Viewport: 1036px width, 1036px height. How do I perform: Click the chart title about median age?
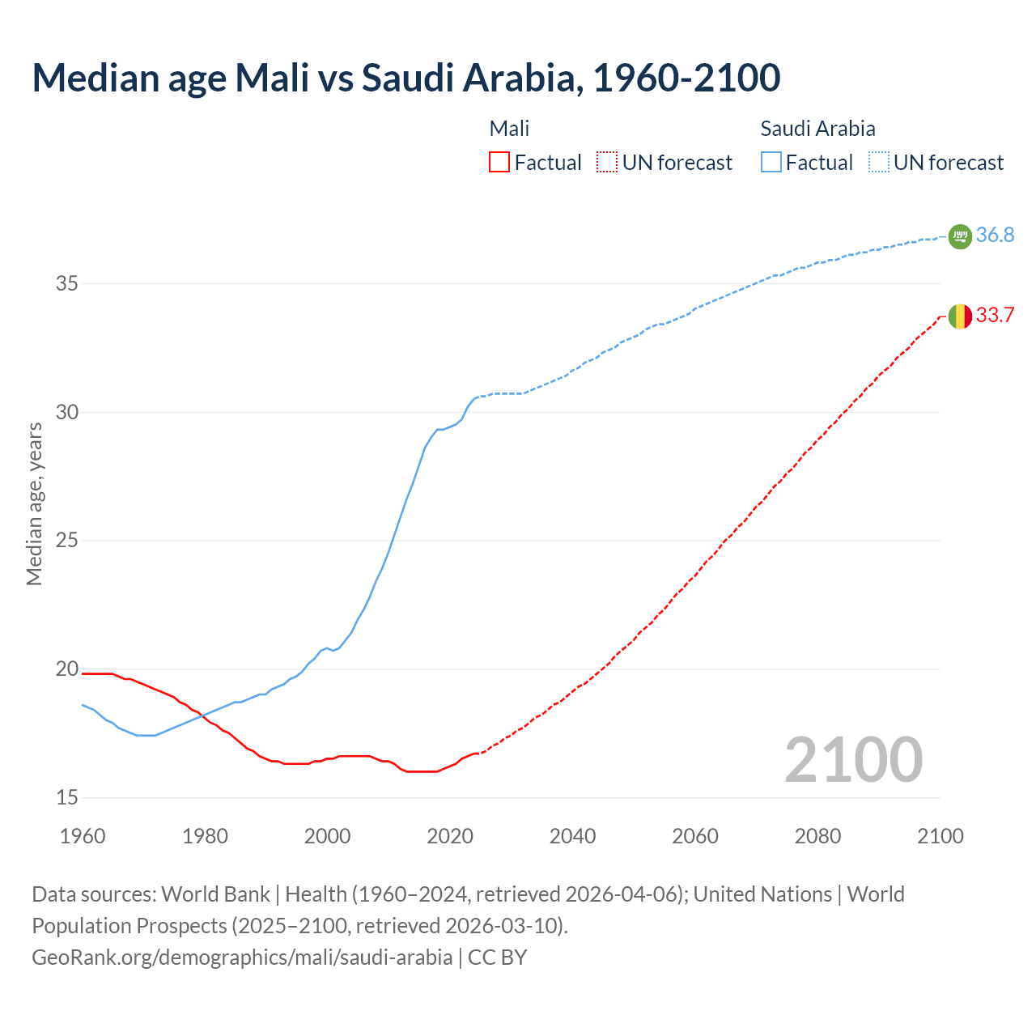[406, 78]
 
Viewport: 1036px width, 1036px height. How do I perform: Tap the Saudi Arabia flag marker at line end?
[959, 236]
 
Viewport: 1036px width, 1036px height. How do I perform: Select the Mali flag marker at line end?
[959, 316]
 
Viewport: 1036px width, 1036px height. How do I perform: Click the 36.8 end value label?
[995, 236]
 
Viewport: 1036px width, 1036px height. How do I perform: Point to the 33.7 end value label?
[995, 316]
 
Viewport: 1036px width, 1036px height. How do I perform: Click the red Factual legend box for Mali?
[499, 163]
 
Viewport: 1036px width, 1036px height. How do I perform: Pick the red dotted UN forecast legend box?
[607, 163]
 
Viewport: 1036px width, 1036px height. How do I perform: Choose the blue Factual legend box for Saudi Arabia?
[771, 163]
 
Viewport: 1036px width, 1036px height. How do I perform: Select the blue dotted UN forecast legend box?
[879, 163]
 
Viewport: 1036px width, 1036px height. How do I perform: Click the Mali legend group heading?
[509, 129]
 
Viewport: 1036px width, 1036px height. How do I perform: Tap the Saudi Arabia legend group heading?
[817, 129]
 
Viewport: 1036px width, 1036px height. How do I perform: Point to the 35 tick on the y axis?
[66, 284]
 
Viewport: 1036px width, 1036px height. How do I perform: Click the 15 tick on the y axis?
[66, 798]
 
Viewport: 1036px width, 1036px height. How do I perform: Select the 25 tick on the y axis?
[66, 541]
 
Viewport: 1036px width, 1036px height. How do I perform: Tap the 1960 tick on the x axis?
[83, 836]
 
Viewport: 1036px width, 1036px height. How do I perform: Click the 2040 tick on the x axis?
[572, 836]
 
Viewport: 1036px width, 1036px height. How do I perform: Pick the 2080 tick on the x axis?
[817, 836]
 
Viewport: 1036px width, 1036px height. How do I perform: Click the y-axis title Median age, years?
[34, 503]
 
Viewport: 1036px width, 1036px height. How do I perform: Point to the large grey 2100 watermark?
[853, 760]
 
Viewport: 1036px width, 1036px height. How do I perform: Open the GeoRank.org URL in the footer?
[242, 957]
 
